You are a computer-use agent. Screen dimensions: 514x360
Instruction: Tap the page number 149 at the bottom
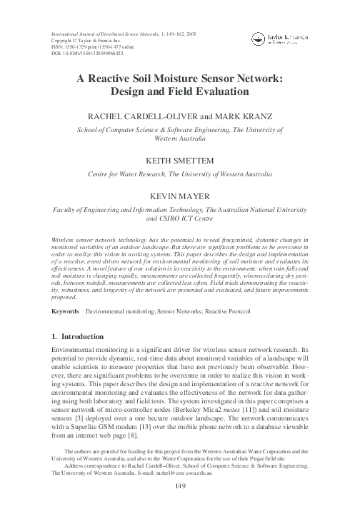[180, 488]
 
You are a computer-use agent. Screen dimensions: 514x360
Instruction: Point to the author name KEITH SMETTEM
[180, 161]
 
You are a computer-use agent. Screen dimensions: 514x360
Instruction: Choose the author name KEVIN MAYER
[180, 196]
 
